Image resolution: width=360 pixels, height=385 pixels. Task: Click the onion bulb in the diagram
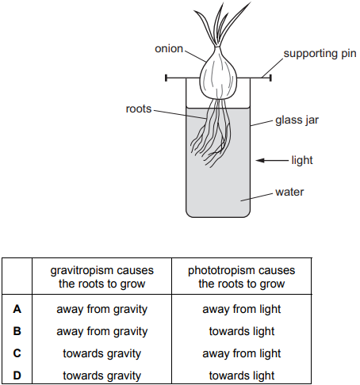(218, 77)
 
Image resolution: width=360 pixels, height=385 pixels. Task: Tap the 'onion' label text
(169, 48)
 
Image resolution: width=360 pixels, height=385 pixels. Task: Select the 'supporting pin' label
(320, 54)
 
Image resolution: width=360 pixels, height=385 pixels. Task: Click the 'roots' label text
(139, 109)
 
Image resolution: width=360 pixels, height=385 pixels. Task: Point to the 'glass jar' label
(297, 120)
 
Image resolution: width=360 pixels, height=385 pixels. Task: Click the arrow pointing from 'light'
(272, 160)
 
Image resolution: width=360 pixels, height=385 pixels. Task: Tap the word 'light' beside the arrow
(302, 160)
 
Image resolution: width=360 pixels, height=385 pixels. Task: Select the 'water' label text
(289, 192)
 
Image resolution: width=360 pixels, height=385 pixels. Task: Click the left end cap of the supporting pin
(166, 78)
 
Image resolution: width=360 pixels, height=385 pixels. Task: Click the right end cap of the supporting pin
(270, 78)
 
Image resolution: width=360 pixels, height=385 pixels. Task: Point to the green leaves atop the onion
(221, 24)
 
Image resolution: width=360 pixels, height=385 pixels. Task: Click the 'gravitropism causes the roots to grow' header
(102, 277)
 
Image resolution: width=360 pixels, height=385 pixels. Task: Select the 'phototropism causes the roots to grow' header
(242, 277)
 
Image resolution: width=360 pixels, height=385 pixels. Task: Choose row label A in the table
(17, 309)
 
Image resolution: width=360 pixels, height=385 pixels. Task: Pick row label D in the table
(17, 375)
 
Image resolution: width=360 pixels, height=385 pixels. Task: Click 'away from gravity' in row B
(102, 332)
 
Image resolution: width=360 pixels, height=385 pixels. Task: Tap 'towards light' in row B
(242, 332)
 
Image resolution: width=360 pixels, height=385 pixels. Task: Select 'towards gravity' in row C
(102, 354)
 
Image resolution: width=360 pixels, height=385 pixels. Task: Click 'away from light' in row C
(242, 354)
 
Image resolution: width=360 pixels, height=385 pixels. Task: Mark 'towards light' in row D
(242, 376)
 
